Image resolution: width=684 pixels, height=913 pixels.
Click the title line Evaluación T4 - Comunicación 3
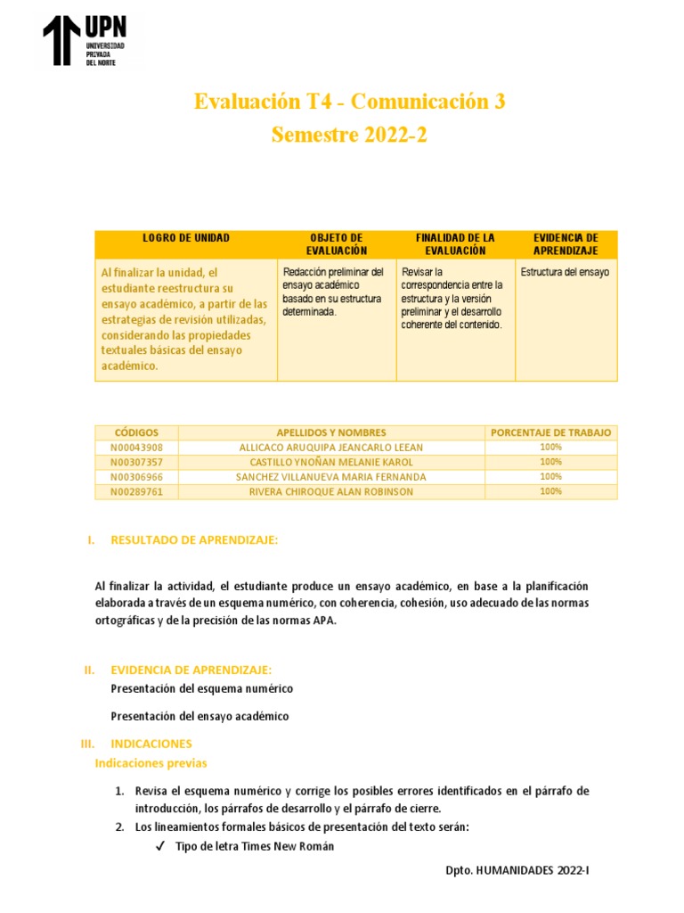[349, 102]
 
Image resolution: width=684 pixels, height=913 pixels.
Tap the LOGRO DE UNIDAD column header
[185, 238]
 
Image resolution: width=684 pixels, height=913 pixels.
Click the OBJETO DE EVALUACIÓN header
[336, 244]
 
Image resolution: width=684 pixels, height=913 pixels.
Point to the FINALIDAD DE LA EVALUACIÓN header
[455, 244]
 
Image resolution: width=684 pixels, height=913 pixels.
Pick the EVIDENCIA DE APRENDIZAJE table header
[566, 244]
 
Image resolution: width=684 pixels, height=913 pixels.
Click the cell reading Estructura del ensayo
[565, 273]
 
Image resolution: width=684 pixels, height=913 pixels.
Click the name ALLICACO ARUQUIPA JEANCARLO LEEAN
[331, 448]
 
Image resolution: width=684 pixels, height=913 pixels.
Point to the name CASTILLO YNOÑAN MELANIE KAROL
[331, 462]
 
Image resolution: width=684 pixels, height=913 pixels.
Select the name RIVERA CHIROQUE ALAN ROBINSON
[331, 491]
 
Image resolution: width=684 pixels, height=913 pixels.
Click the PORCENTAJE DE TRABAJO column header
[550, 432]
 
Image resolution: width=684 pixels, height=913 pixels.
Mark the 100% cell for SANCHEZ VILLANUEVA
[550, 477]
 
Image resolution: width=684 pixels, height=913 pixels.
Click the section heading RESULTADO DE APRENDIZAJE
[194, 540]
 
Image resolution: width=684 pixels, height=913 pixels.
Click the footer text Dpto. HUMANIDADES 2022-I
[517, 868]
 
